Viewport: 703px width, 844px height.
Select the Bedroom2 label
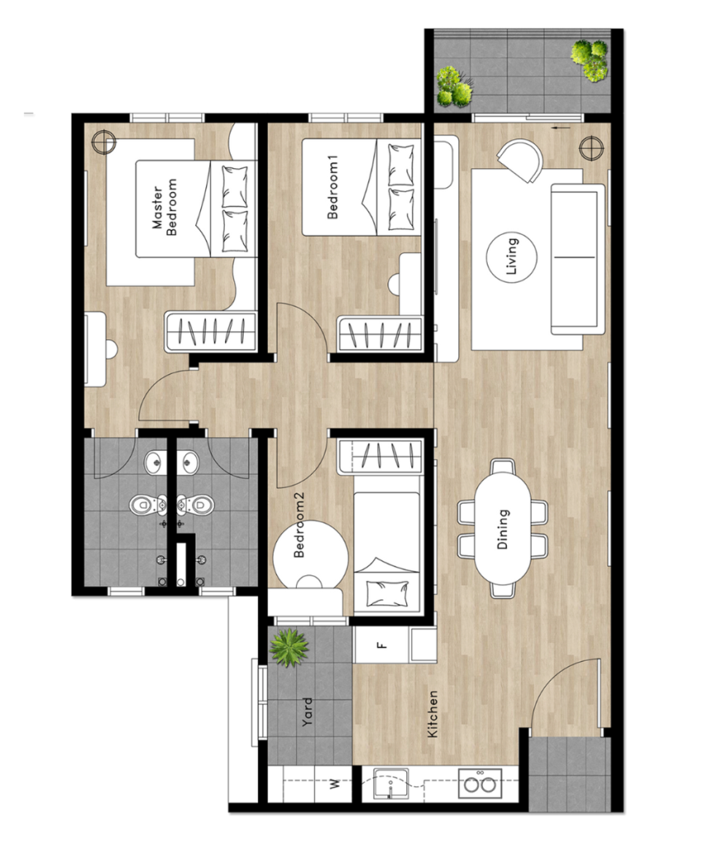298,525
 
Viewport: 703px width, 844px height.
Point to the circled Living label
511,256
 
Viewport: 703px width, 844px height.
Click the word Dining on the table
502,530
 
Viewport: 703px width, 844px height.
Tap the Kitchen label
432,715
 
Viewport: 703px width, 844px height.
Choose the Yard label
307,712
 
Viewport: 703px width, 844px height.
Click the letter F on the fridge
382,645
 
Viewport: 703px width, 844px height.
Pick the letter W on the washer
335,783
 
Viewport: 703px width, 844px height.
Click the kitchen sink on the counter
391,784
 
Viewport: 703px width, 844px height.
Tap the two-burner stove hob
480,784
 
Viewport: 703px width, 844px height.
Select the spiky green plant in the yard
289,648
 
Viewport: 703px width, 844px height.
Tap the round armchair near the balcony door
520,161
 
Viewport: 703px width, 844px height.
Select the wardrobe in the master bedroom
210,331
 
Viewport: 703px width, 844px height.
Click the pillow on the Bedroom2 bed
385,593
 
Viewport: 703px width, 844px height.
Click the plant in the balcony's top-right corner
590,59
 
